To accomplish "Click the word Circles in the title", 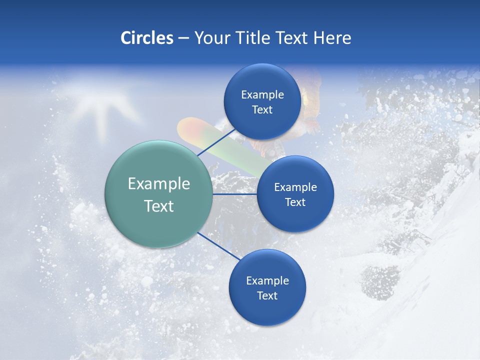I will (147, 38).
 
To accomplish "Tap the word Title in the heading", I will (256, 38).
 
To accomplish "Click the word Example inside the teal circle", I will (159, 184).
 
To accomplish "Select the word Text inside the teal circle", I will (159, 206).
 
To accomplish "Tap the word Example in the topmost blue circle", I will (262, 94).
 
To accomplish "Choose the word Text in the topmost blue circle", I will (262, 109).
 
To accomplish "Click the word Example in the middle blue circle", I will (295, 187).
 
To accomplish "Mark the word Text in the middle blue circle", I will (295, 202).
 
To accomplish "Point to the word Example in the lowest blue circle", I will (267, 280).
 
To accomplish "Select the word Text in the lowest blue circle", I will (267, 295).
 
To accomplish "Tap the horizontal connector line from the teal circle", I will (235, 194).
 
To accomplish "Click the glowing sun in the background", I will (100, 100).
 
